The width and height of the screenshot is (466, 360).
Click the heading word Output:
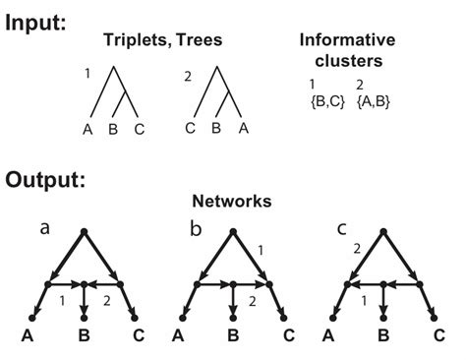(44, 182)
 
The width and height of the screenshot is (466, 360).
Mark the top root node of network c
(386, 232)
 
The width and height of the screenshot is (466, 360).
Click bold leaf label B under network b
(235, 337)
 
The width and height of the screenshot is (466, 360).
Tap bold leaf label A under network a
(29, 337)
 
